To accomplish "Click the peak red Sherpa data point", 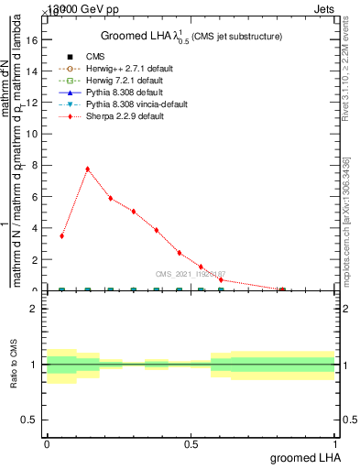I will coord(87,169).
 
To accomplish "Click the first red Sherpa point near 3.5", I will coord(61,235).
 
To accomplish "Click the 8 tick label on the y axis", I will coord(33,166).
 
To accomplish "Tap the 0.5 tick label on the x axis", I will coord(191,444).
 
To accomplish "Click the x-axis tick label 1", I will coord(335,444).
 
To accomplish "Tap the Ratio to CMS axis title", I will coord(14,365).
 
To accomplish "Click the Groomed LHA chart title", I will coord(191,36).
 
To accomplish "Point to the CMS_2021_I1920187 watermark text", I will coord(191,274).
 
